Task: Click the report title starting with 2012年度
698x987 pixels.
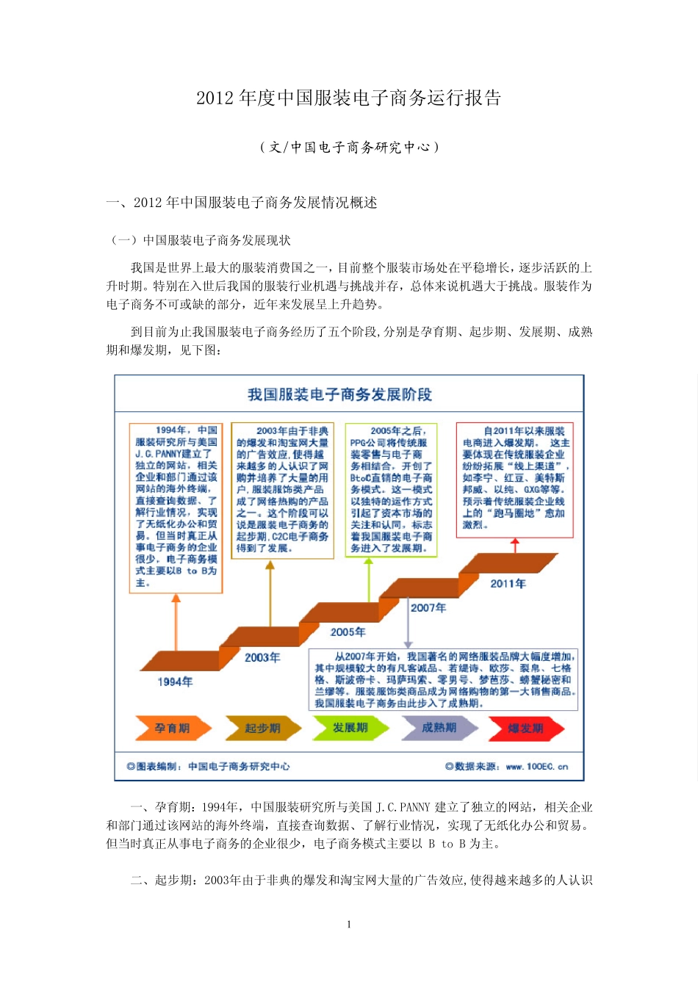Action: (x=348, y=98)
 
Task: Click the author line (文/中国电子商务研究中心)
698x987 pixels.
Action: (x=348, y=147)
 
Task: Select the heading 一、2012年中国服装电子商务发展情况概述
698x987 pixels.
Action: (x=242, y=203)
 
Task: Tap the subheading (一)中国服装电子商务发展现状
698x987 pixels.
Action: (x=200, y=240)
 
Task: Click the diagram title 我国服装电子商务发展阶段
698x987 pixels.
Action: (x=339, y=394)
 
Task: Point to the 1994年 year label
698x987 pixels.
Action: (x=175, y=681)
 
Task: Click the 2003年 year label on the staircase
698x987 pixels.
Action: (x=262, y=657)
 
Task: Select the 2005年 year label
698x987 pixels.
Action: (x=348, y=632)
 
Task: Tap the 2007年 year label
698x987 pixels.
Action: (x=428, y=607)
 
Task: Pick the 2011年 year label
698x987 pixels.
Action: (x=508, y=583)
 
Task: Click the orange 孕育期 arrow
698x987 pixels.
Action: (x=173, y=728)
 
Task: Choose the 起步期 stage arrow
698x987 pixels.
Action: (x=262, y=728)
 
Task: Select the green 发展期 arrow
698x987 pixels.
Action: (x=350, y=727)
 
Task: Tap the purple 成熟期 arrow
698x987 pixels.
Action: (x=439, y=727)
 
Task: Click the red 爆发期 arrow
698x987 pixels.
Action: (x=526, y=728)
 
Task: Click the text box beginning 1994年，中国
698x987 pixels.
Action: (x=176, y=507)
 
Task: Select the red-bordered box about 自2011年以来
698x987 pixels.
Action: (x=514, y=478)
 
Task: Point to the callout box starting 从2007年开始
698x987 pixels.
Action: (x=444, y=679)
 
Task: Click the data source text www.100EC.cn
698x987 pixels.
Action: (x=536, y=767)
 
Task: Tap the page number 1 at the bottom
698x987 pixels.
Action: (x=349, y=925)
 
